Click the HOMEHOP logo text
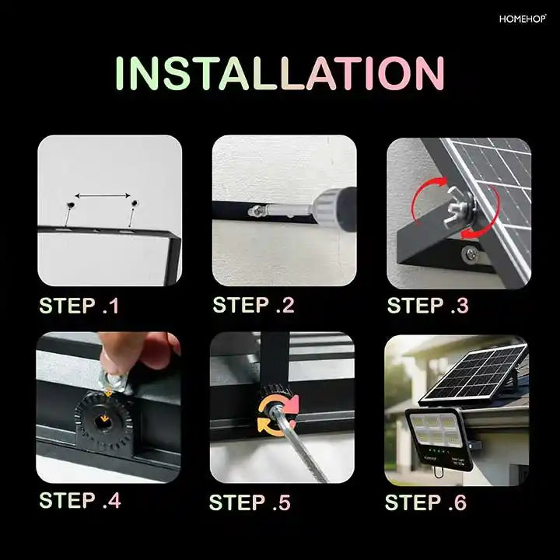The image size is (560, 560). (523, 18)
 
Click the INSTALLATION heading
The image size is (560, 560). (279, 75)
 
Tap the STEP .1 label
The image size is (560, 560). (79, 306)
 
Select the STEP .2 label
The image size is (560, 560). (254, 306)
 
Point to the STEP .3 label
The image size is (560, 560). (428, 306)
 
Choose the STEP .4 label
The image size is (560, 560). (80, 500)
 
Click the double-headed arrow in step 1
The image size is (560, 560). (103, 196)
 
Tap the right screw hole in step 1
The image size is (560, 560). (134, 204)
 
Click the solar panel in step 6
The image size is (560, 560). (474, 374)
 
